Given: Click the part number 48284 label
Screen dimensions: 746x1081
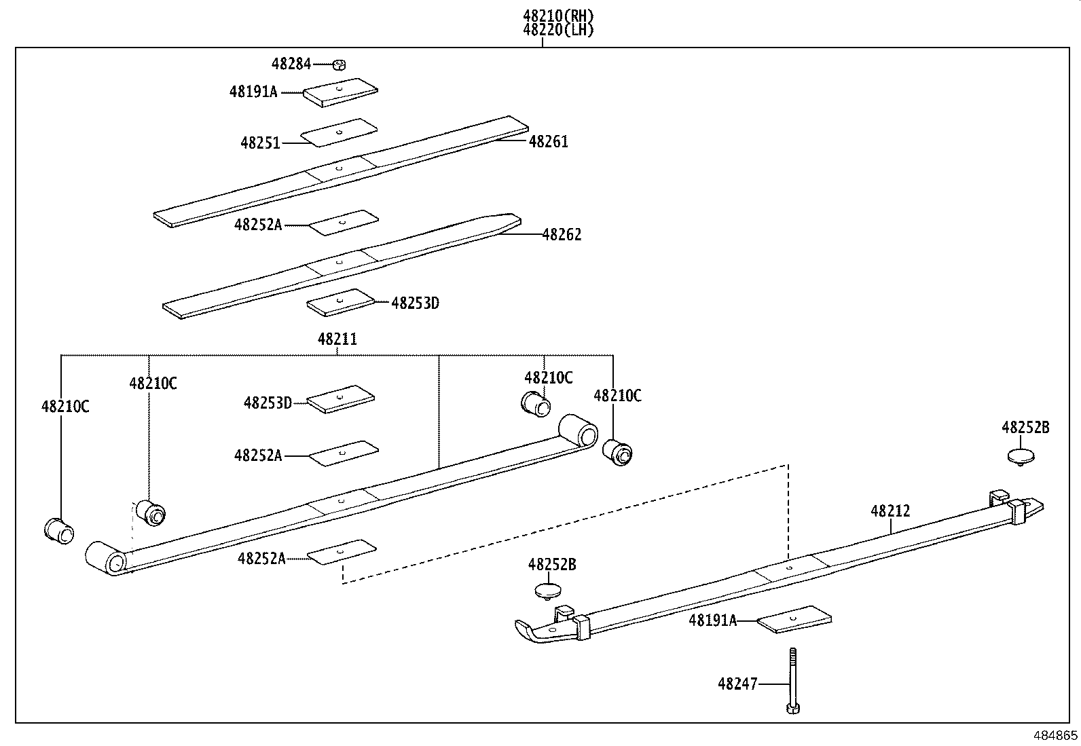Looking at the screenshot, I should click(291, 64).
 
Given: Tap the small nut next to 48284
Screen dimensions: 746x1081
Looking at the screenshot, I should click(340, 65).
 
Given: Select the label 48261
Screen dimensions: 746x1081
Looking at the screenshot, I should click(548, 141).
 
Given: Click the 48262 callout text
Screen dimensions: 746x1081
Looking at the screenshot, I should click(562, 234).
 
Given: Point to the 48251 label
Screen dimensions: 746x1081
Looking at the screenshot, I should click(260, 143).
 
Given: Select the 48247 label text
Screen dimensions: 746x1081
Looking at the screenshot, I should click(737, 684).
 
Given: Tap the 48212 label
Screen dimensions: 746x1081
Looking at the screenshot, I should click(890, 510).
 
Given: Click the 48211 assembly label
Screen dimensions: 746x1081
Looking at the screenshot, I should click(337, 339).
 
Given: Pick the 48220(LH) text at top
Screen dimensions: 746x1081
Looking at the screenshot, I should click(558, 30).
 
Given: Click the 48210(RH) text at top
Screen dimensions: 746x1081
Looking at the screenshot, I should click(558, 15).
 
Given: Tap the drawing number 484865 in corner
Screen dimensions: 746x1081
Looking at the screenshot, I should click(1055, 735).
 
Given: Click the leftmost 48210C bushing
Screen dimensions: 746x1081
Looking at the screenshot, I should click(58, 529).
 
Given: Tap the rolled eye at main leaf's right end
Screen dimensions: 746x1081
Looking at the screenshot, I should click(579, 430).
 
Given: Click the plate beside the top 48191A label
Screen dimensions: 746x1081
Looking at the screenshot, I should click(340, 92).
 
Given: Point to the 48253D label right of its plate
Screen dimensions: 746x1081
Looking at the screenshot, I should click(415, 303).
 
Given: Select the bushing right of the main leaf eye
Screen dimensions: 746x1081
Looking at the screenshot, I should click(618, 452).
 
